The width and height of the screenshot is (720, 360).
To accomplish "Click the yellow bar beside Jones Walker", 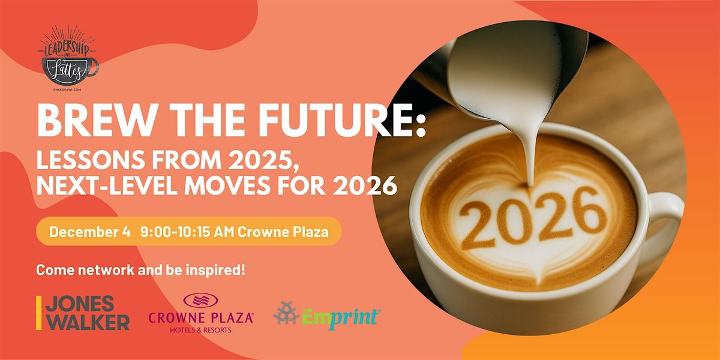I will tap(39, 313).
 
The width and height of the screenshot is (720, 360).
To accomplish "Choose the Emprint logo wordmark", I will tap(343, 315).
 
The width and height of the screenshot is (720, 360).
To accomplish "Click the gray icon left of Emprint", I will tap(286, 313).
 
